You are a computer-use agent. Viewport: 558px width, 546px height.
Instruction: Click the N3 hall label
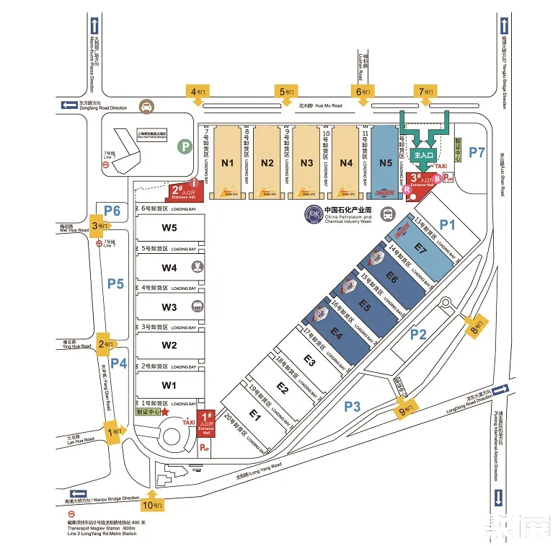point(307,162)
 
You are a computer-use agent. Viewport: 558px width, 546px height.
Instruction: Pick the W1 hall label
point(169,384)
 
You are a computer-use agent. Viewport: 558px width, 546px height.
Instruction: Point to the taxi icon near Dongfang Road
point(147,106)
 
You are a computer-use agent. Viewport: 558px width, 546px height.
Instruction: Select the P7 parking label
point(477,152)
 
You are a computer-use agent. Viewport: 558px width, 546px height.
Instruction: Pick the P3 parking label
point(351,407)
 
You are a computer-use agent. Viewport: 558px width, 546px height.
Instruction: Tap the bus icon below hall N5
point(387,214)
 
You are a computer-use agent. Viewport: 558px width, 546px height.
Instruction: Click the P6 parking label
point(112,210)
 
